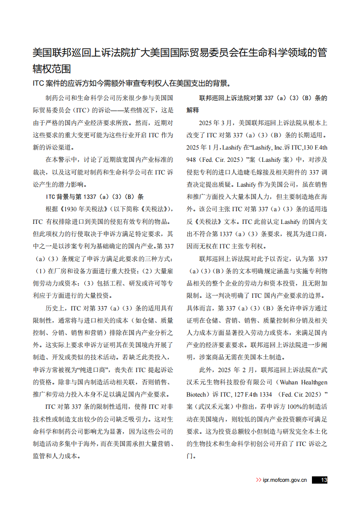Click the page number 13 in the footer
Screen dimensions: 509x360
coord(323,480)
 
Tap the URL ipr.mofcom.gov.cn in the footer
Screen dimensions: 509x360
coord(285,480)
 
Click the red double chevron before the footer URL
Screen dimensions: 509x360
coord(258,480)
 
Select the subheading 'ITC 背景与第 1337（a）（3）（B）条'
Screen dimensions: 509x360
coord(95,197)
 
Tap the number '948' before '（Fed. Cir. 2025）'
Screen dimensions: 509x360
coord(192,160)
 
